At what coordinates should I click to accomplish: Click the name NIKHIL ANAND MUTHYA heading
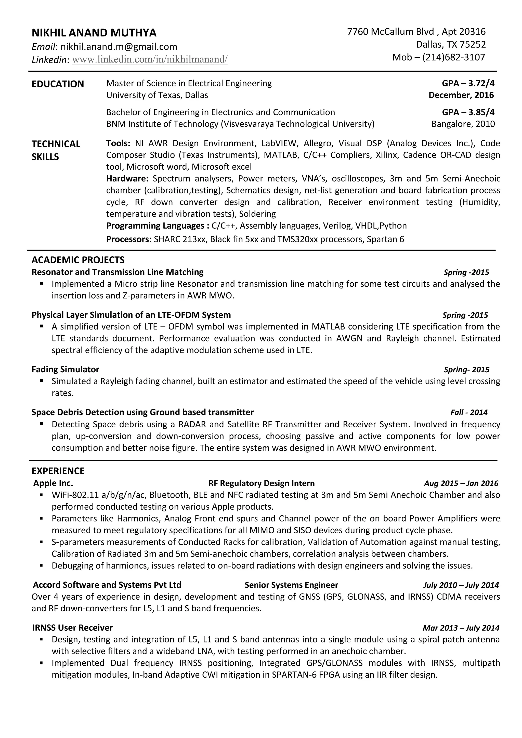94,33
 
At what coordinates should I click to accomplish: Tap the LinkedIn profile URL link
149,59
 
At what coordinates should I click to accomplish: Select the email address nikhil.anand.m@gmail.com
119,47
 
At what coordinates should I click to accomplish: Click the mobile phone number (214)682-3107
453,57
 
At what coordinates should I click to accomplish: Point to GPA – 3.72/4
468,84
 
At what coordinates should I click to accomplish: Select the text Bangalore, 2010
463,124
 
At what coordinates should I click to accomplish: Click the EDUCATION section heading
58,84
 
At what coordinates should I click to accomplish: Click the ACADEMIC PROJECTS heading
78,260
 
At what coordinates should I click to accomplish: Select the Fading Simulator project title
65,369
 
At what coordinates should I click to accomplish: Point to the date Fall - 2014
469,412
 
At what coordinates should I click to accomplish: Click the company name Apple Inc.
53,483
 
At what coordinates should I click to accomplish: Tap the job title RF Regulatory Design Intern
261,483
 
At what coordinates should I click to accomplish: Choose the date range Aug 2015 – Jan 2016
461,483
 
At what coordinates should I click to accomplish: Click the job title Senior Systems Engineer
291,585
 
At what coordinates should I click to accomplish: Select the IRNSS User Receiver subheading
72,628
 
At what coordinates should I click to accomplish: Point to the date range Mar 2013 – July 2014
461,628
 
